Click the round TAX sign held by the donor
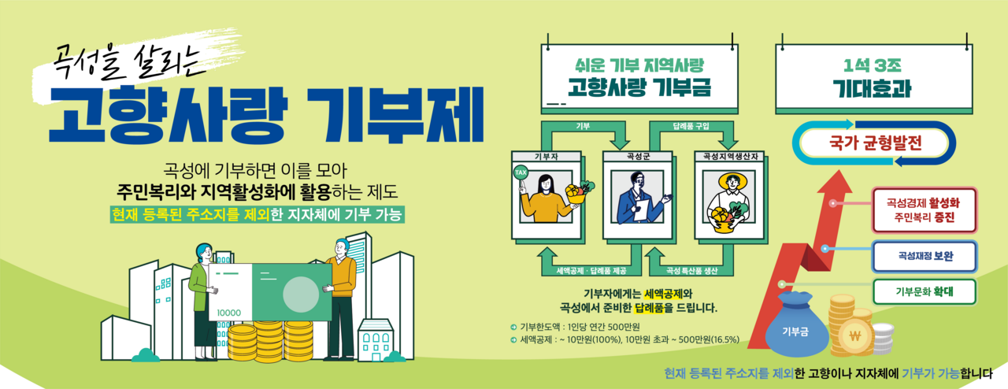521,172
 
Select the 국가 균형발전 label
875,143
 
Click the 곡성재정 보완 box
925,257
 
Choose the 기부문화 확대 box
925,291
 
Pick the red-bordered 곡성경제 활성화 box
925,210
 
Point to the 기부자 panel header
547,156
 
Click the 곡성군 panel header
638,156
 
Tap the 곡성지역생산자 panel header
729,156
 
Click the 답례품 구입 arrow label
691,126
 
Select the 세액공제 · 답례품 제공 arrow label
591,271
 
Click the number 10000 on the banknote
228,313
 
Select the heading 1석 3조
872,65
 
